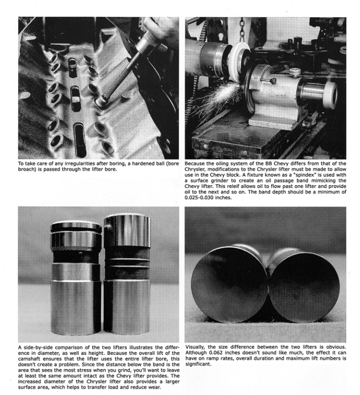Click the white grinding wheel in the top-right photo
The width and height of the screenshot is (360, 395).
click(235, 66)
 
